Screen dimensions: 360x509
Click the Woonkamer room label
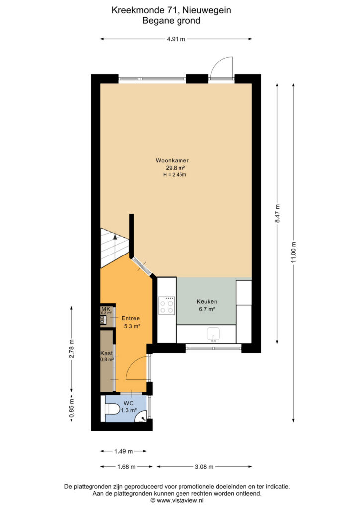[172, 160]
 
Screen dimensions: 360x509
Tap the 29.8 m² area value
[176, 168]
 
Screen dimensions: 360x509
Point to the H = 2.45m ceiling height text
[175, 175]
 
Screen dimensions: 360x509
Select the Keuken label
[207, 302]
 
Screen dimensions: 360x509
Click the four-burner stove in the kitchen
[167, 306]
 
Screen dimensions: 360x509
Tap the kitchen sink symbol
[213, 335]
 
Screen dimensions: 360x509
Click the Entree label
[130, 318]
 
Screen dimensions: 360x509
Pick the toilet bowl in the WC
[112, 409]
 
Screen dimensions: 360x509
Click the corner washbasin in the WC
[142, 417]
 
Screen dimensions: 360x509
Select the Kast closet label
[107, 353]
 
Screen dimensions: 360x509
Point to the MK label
[106, 309]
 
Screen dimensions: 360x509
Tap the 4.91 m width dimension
[176, 39]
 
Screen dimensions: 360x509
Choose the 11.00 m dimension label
[294, 252]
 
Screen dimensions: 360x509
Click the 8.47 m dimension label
[277, 213]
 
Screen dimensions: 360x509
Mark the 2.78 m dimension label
[72, 348]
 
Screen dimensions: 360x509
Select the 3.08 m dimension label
[204, 467]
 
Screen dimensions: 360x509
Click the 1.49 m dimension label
[124, 451]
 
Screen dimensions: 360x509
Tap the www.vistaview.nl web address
[180, 500]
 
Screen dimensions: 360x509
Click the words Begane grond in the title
[172, 21]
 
